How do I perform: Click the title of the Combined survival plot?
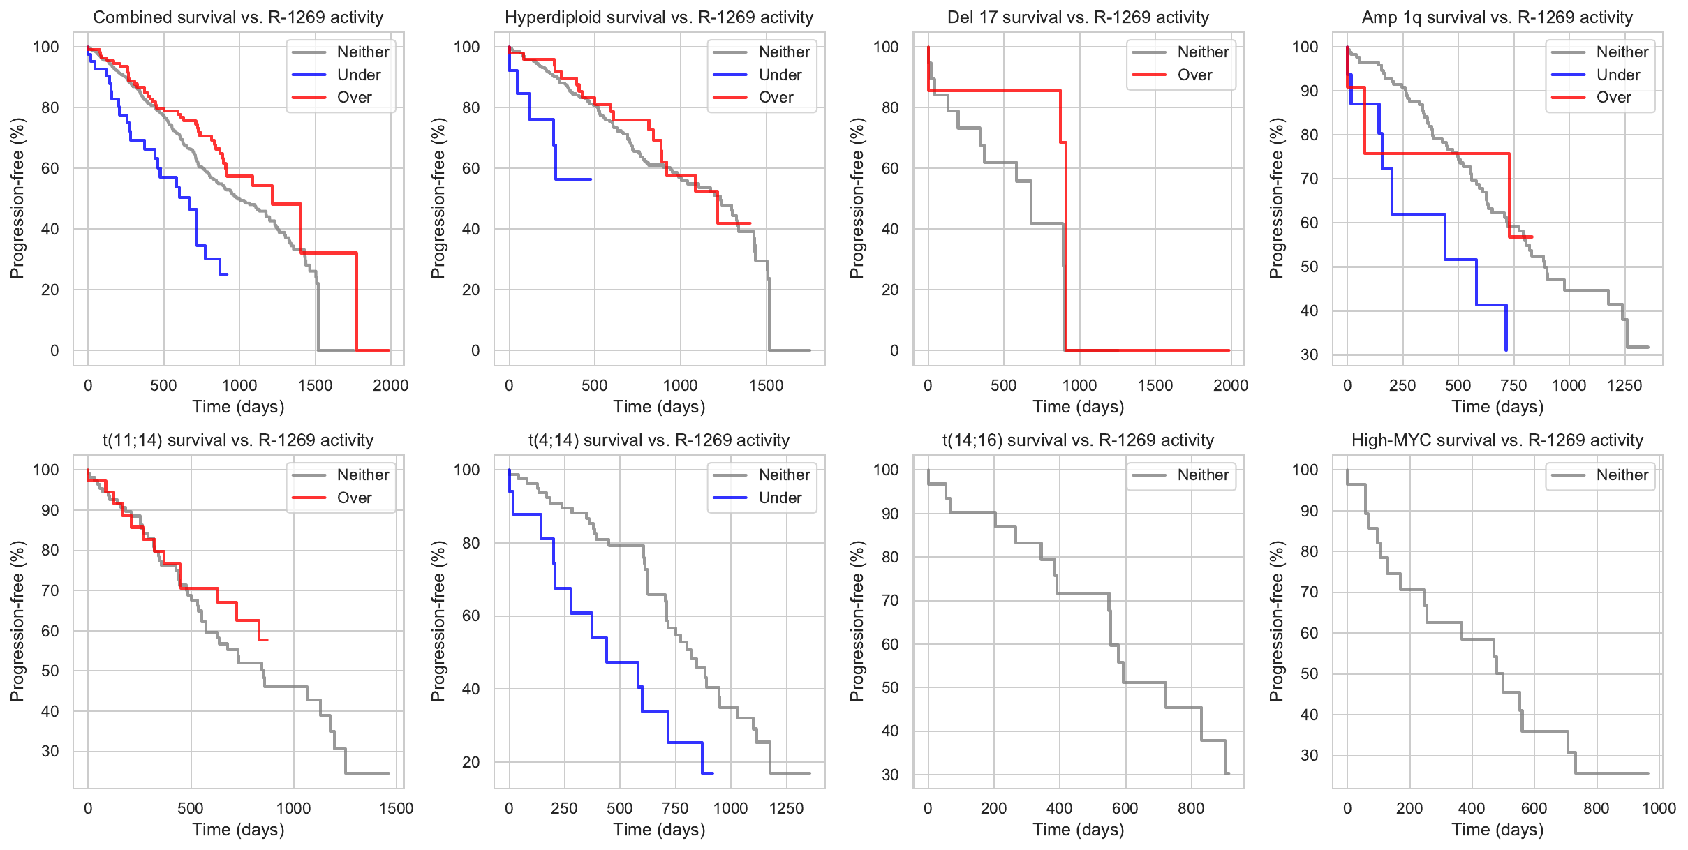(238, 17)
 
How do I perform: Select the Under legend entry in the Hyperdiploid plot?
(779, 75)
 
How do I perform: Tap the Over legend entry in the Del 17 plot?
(1194, 75)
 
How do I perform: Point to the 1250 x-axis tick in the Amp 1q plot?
(1624, 385)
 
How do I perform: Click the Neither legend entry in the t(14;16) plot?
(1202, 475)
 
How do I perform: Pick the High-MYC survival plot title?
(1497, 440)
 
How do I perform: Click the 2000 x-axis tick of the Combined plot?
(390, 385)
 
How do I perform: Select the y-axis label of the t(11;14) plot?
(17, 620)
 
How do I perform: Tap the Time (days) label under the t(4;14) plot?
(659, 829)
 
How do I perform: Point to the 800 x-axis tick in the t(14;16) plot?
(1191, 808)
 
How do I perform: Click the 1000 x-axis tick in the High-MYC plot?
(1659, 808)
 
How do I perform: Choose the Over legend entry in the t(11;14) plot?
(354, 498)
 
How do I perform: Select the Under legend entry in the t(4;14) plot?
(779, 498)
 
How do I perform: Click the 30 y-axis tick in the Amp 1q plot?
(1309, 355)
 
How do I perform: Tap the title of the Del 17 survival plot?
(1078, 17)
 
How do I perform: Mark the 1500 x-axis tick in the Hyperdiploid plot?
(766, 385)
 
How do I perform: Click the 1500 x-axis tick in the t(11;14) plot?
(396, 808)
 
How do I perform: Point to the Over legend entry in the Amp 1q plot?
(1613, 98)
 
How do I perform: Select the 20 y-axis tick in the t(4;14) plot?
(471, 762)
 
